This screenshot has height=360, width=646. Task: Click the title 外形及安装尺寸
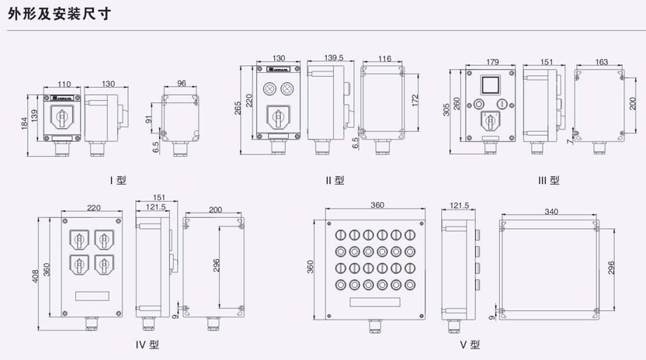pyautogui.click(x=55, y=12)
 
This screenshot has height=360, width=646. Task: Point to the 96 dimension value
pyautogui.click(x=181, y=83)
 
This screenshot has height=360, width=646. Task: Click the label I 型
pyautogui.click(x=118, y=180)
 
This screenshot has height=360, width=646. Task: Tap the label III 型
pyautogui.click(x=549, y=180)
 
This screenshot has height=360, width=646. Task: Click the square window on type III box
pyautogui.click(x=490, y=84)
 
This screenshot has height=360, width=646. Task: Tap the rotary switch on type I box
pyautogui.click(x=62, y=117)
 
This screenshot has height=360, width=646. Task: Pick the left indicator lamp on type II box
pyautogui.click(x=272, y=88)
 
